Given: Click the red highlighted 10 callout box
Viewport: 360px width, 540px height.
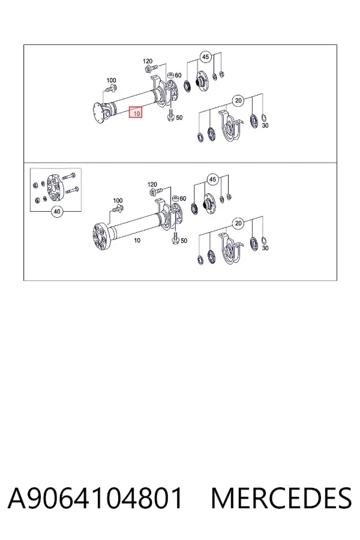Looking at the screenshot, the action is click(136, 112).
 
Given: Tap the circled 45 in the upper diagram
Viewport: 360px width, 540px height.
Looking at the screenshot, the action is click(205, 57).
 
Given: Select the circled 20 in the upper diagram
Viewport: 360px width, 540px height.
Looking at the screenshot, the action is click(238, 101).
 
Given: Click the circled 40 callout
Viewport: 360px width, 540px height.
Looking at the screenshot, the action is click(57, 211).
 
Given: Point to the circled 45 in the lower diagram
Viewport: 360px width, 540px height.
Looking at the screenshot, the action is click(212, 179).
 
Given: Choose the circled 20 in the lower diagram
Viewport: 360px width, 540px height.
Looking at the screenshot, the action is click(238, 224).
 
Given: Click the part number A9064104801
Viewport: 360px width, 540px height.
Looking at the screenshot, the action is click(95, 498).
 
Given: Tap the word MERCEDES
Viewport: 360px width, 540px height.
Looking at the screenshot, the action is click(281, 498).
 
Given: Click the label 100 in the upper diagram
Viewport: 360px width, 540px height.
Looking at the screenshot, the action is click(111, 80).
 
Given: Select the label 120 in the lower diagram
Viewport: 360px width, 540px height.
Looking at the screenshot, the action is click(152, 185).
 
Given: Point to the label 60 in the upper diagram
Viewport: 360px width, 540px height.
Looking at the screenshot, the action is click(178, 76).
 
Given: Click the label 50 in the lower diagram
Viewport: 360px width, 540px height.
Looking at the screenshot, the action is click(184, 241).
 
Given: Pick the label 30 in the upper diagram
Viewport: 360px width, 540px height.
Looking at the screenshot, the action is click(265, 126).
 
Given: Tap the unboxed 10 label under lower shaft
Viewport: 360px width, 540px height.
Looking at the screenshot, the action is click(137, 241).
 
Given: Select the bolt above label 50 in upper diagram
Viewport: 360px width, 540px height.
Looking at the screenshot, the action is click(170, 115).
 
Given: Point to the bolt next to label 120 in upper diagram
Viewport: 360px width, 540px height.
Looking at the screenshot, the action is click(151, 68).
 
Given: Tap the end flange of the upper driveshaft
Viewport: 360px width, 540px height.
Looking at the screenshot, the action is click(98, 113).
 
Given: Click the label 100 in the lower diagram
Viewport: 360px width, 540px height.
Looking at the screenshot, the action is click(118, 200).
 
